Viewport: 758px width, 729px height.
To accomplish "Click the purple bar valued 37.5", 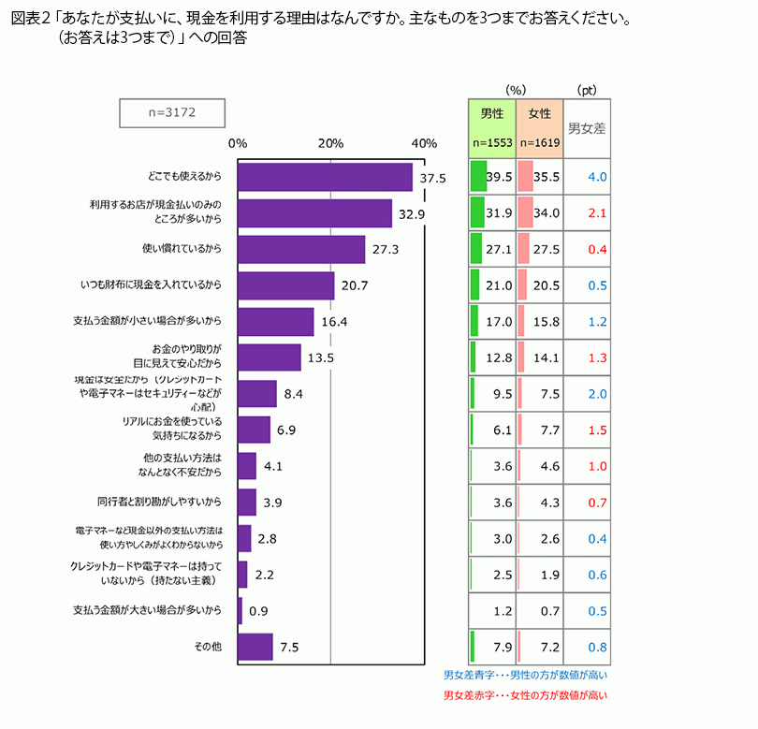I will (x=325, y=177).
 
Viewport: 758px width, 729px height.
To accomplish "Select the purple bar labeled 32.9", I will (x=314, y=213).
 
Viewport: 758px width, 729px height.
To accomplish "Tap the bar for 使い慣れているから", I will (x=301, y=250).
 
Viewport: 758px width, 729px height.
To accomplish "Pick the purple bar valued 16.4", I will (x=276, y=322).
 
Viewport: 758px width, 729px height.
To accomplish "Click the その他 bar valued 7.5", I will (x=255, y=647).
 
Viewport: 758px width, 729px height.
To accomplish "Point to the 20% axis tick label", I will (x=330, y=143).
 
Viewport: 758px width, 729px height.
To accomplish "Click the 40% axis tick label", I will (x=424, y=143).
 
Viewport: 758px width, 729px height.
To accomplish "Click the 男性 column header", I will (x=492, y=113).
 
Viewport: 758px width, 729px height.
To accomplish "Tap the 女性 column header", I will (x=540, y=113).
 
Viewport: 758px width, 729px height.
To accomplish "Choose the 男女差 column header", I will (x=587, y=128).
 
